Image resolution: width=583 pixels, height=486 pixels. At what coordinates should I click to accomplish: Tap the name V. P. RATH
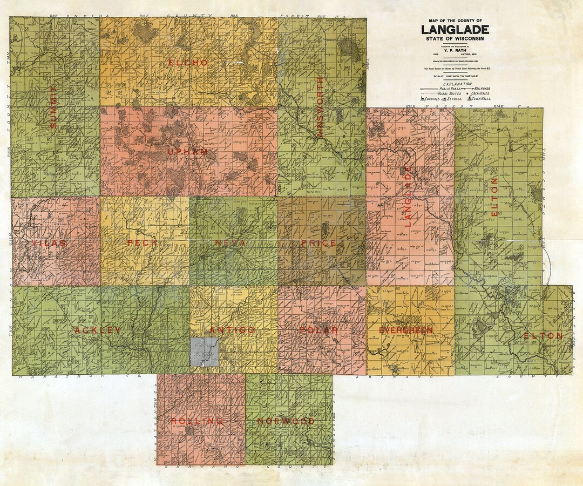(x=455, y=53)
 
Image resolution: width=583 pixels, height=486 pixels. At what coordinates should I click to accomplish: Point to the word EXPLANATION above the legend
(x=457, y=84)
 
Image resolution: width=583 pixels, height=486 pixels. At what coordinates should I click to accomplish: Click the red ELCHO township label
(x=188, y=63)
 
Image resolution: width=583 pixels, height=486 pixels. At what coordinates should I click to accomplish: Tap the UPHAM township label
(x=187, y=152)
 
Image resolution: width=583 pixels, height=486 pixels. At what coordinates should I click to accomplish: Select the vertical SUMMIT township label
(x=53, y=106)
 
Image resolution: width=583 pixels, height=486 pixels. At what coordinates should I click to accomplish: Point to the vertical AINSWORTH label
(x=320, y=107)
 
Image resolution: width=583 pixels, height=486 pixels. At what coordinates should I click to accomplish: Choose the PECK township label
(x=142, y=243)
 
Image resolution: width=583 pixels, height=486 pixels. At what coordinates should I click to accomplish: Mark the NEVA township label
(x=231, y=243)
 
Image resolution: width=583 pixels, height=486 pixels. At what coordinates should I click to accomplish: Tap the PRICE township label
(x=319, y=243)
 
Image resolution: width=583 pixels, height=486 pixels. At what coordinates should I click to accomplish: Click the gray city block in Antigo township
(x=204, y=352)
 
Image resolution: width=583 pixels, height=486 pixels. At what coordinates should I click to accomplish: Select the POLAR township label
(x=319, y=330)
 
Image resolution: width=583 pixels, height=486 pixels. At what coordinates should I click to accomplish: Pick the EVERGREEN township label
(x=406, y=330)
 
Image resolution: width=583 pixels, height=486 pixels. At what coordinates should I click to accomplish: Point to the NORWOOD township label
(x=286, y=421)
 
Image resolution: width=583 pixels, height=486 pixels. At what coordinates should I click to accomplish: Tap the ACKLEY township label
(x=98, y=330)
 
